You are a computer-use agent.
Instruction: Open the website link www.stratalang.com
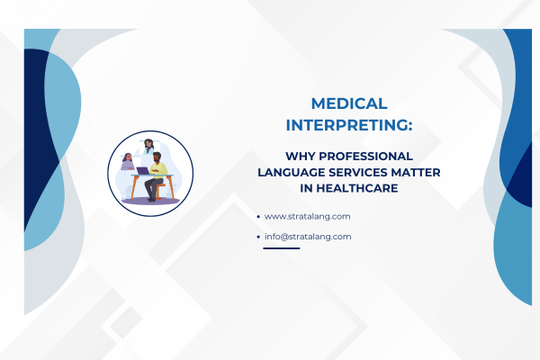(x=307, y=216)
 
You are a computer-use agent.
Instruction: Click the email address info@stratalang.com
(x=307, y=237)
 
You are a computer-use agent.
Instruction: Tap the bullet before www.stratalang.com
(x=258, y=217)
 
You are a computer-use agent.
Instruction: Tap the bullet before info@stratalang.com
(x=258, y=238)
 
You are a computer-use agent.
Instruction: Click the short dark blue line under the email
(x=281, y=248)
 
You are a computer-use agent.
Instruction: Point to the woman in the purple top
(x=128, y=163)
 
